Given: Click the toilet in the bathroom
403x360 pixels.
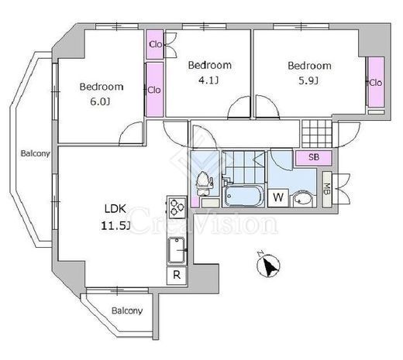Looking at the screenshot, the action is pos(204,183).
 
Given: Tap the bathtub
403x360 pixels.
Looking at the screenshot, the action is pos(243,196).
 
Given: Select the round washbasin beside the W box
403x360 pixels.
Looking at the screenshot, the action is pos(302,198).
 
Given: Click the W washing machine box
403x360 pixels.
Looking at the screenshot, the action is pos(278,197).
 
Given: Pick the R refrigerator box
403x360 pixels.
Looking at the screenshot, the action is pos(177,276).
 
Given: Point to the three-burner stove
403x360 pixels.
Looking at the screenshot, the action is pos(177,206).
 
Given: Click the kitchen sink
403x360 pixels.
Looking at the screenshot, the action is pos(177,250).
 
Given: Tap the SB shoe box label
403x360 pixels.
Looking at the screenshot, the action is pos(314,157).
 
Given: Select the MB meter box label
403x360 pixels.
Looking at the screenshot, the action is pos(327,189).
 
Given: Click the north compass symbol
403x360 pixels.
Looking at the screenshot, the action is pos(269,265).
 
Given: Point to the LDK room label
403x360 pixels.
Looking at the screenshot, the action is pos(115,208).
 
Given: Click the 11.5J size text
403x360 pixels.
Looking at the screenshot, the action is pos(115,226).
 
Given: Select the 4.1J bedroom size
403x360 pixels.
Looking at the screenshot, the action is pos(208,81).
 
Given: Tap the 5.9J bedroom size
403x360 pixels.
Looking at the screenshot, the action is pos(308,81).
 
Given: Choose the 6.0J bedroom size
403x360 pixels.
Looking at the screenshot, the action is pos(100,101).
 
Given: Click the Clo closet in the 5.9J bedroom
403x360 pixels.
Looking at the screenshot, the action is pos(376,82).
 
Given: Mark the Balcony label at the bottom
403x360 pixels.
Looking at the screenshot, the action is pos(127,310).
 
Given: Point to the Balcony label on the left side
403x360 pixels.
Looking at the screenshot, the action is pos(35,153).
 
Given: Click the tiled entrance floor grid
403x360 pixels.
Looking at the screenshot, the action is pos(317,133).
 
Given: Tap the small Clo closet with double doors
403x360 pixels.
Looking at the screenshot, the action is pos(155,44).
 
